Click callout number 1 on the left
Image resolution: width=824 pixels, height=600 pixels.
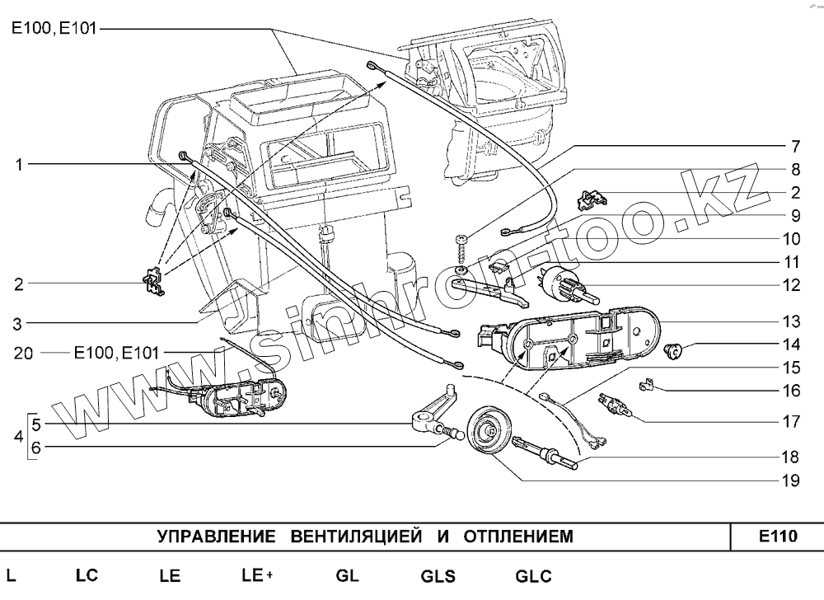[18, 165]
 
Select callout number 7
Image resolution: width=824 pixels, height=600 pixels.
[794, 148]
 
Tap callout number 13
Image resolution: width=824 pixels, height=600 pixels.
[791, 321]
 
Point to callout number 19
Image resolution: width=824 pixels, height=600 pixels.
[791, 480]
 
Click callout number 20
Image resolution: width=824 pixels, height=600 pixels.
[23, 354]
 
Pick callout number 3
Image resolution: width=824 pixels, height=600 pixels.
[18, 322]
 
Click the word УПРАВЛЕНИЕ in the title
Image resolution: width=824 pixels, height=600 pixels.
[216, 537]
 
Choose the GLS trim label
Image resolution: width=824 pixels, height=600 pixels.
[438, 576]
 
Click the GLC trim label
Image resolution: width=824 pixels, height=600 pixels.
[533, 576]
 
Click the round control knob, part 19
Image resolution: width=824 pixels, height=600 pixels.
[489, 431]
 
